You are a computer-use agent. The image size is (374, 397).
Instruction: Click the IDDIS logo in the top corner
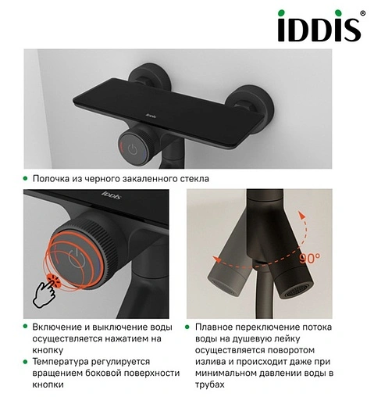click(x=319, y=26)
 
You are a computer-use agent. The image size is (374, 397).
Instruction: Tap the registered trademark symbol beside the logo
click(x=362, y=13)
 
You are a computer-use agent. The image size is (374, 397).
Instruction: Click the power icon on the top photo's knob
click(x=133, y=149)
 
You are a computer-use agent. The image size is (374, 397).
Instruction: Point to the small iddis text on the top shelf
click(x=151, y=116)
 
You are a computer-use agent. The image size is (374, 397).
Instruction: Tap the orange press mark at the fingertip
click(x=54, y=281)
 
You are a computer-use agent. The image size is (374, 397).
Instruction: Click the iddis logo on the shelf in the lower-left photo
click(x=112, y=195)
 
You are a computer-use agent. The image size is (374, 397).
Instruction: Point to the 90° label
click(x=310, y=258)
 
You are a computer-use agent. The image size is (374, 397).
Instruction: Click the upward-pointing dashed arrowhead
click(x=301, y=216)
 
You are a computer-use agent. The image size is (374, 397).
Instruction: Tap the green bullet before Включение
click(x=25, y=327)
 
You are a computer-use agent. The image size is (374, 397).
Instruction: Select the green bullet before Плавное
click(x=187, y=327)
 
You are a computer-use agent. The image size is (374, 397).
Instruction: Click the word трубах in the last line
click(x=210, y=384)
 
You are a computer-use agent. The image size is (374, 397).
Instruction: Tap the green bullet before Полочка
click(x=25, y=178)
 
